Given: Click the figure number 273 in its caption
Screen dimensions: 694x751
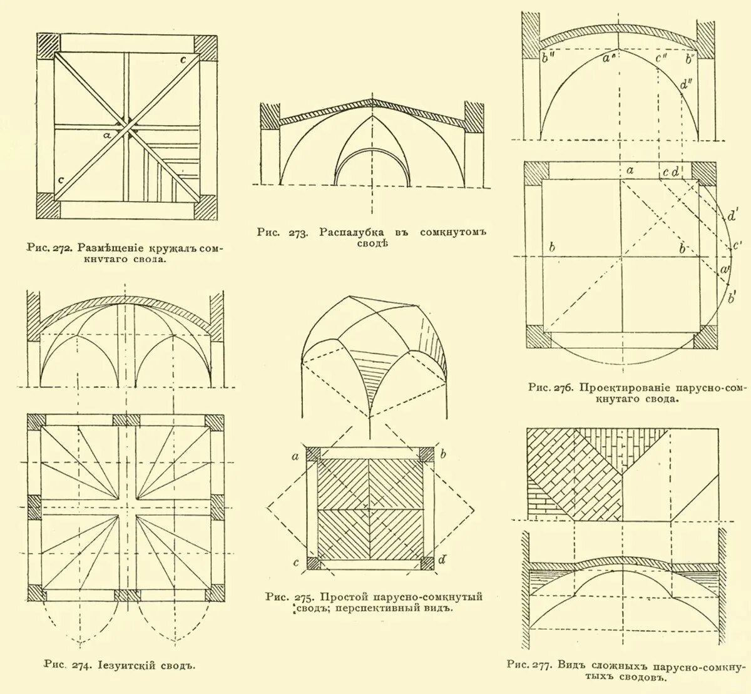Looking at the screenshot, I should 297,233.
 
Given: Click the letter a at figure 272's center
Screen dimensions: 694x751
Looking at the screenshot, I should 107,134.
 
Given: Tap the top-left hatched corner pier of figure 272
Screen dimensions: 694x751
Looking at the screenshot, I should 48,46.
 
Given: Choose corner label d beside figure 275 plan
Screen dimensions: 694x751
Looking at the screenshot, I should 442,560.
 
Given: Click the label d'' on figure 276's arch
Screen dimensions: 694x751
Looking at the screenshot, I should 685,84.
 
